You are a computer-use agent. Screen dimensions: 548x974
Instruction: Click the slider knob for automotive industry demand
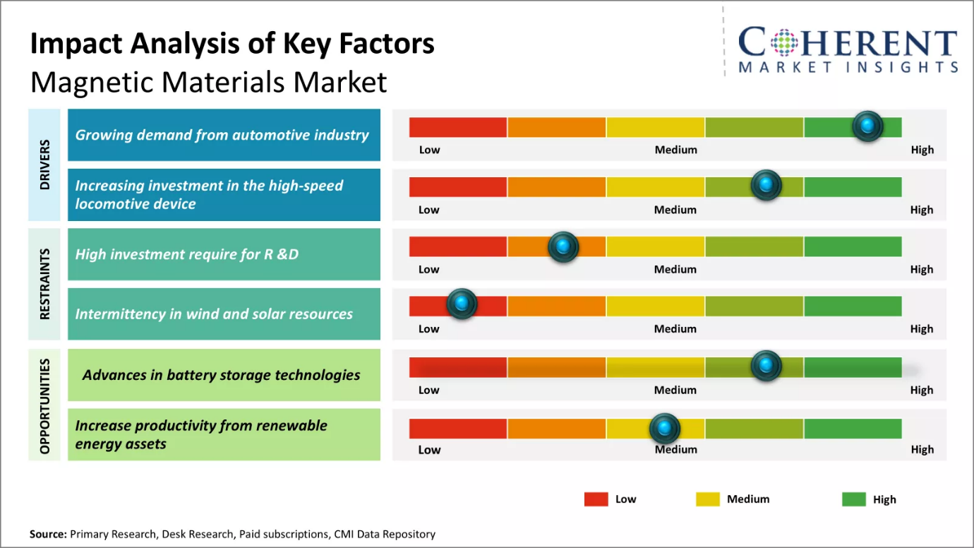tap(867, 126)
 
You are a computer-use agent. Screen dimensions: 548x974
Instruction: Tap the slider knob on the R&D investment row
tap(563, 246)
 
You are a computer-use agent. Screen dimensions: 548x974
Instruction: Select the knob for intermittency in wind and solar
tap(462, 304)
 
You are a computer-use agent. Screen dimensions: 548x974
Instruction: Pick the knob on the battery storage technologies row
tap(766, 365)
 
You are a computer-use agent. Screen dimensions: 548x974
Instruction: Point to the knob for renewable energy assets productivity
tap(664, 427)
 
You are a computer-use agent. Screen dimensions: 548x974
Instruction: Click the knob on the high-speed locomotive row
tap(766, 185)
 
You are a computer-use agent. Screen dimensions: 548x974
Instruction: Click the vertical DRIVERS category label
tap(45, 165)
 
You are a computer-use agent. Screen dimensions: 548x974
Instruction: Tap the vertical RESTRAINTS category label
tap(45, 284)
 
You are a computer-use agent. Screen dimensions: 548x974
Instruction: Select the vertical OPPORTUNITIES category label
tap(45, 405)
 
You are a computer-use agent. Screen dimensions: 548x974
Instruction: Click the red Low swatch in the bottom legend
tap(596, 499)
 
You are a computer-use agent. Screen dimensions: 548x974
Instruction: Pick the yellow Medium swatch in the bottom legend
tap(707, 499)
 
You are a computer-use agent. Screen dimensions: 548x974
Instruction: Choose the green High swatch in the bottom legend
tap(853, 499)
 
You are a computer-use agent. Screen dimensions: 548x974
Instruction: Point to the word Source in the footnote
tap(48, 534)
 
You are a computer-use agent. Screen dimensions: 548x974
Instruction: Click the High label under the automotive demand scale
tap(922, 150)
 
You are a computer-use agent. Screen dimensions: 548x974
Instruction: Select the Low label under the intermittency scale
tap(428, 328)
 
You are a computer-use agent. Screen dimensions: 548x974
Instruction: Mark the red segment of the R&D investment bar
tap(458, 246)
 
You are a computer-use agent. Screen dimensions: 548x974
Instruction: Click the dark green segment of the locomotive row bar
tap(853, 186)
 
